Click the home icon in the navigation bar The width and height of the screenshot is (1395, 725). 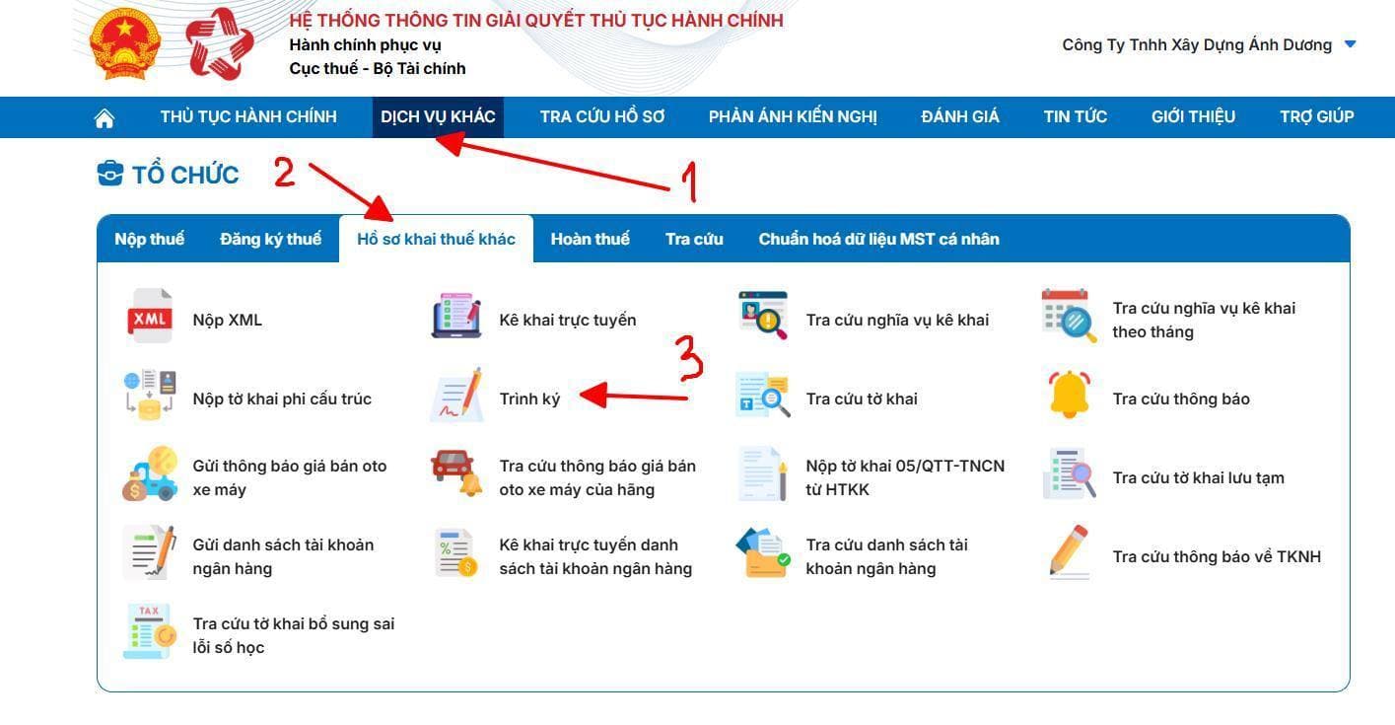104,117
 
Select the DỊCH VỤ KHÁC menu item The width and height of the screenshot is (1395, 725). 438,116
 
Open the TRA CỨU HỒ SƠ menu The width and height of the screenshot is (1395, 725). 601,116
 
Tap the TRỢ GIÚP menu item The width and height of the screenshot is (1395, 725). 1316,116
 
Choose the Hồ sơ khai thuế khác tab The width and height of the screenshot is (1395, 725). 436,239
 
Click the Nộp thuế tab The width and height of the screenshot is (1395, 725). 150,239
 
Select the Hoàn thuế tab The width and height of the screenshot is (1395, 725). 590,239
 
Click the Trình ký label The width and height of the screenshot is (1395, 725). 529,399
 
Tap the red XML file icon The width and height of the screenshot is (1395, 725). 150,316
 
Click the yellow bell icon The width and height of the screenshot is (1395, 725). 1069,395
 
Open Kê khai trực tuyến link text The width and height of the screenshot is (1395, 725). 567,321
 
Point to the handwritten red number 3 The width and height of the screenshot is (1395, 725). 689,357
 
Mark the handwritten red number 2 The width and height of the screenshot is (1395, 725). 284,172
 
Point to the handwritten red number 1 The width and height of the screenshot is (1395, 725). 689,181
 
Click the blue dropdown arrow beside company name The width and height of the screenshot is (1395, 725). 1351,44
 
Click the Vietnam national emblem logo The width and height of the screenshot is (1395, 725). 125,43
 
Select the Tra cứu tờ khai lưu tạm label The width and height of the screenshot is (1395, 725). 1198,477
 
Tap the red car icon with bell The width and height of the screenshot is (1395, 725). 456,473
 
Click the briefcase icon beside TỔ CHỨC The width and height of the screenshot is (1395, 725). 110,174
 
